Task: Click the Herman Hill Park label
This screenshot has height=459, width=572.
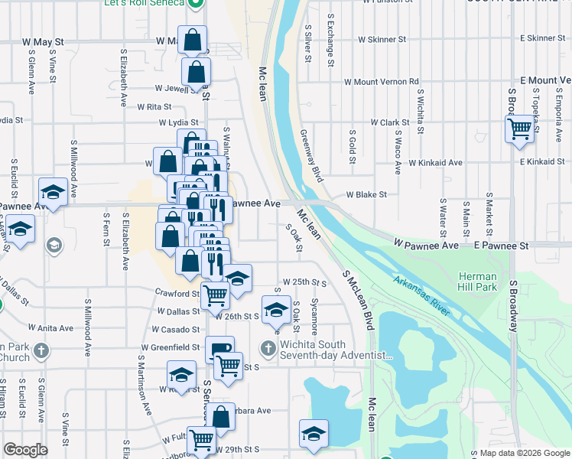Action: [x=479, y=282]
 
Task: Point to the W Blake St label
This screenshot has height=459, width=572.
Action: [x=366, y=195]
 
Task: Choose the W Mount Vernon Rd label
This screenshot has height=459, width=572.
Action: [x=382, y=81]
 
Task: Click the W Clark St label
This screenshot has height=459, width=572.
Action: [x=391, y=122]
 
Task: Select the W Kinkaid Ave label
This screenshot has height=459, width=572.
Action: [x=435, y=163]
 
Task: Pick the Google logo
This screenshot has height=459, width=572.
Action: [x=26, y=449]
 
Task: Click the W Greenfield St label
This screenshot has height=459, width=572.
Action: [x=169, y=347]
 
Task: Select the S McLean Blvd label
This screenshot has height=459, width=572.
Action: [x=357, y=301]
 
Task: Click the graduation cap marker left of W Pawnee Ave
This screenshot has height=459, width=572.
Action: [x=53, y=192]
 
